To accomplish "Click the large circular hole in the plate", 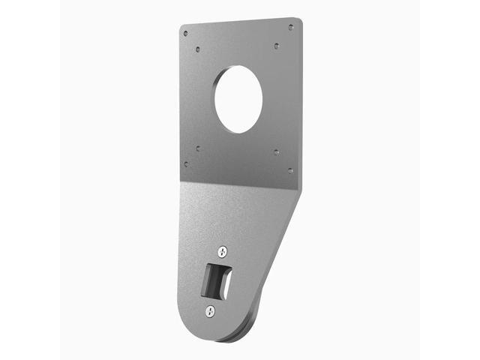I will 238,100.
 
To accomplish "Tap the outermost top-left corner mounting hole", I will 185,34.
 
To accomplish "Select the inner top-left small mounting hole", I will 198,49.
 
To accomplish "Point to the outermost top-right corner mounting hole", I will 291,28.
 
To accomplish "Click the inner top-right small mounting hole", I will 277,45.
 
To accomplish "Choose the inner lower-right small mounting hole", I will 277,151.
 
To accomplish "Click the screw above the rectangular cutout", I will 222,252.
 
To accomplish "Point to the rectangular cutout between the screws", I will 216,280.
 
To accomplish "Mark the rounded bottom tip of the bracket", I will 206,334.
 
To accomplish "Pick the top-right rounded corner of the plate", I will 298,22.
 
